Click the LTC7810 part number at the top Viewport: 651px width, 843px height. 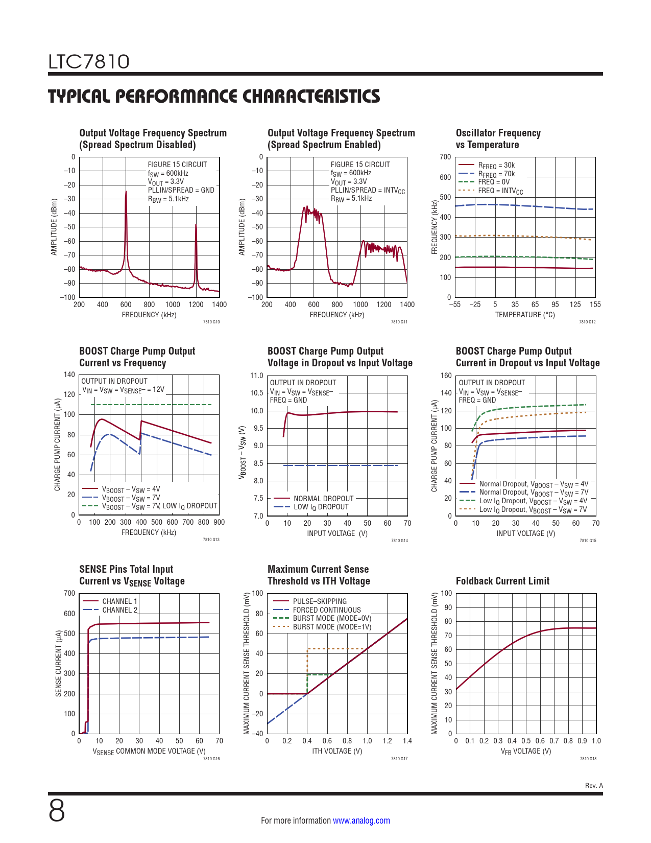pos(89,62)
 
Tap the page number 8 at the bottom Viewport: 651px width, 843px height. pos(57,811)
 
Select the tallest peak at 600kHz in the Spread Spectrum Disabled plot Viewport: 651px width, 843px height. pos(126,192)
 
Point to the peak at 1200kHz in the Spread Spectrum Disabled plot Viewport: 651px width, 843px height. pos(196,225)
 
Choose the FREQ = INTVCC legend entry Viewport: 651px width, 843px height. pos(500,191)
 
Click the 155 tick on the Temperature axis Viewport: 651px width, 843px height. pos(595,305)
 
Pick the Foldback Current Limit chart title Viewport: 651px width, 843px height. pos(502,581)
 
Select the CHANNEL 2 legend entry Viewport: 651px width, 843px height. pos(119,610)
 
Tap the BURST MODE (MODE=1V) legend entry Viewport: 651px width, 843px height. pos(332,627)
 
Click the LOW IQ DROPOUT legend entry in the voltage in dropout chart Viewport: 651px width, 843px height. pos(321,507)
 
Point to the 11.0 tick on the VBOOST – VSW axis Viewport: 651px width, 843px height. pos(257,376)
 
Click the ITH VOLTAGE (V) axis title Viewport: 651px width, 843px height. pos(337,751)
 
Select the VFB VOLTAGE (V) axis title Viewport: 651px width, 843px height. pos(525,751)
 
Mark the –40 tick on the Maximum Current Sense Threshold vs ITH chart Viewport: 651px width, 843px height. pos(258,734)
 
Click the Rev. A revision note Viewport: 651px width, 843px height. pos(594,785)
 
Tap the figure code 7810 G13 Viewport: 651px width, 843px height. pos(211,540)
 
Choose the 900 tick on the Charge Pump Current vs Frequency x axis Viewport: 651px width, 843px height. pos(219,522)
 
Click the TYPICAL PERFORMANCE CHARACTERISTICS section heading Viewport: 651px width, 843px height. pos(214,96)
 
